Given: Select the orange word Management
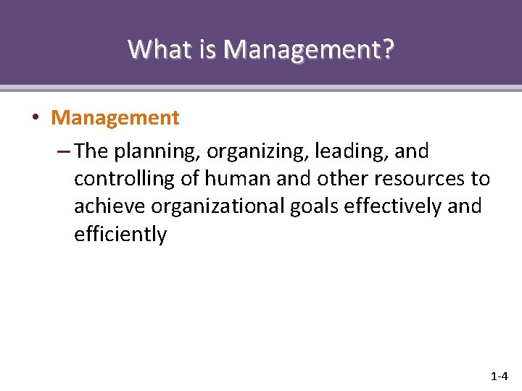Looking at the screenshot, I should (x=115, y=117).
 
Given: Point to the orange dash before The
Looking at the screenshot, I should (x=62, y=151).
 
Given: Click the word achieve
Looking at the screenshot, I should (x=109, y=206).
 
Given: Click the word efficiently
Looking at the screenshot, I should (x=120, y=234).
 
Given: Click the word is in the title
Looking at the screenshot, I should (x=208, y=49).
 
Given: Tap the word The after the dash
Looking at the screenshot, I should (x=91, y=151).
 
